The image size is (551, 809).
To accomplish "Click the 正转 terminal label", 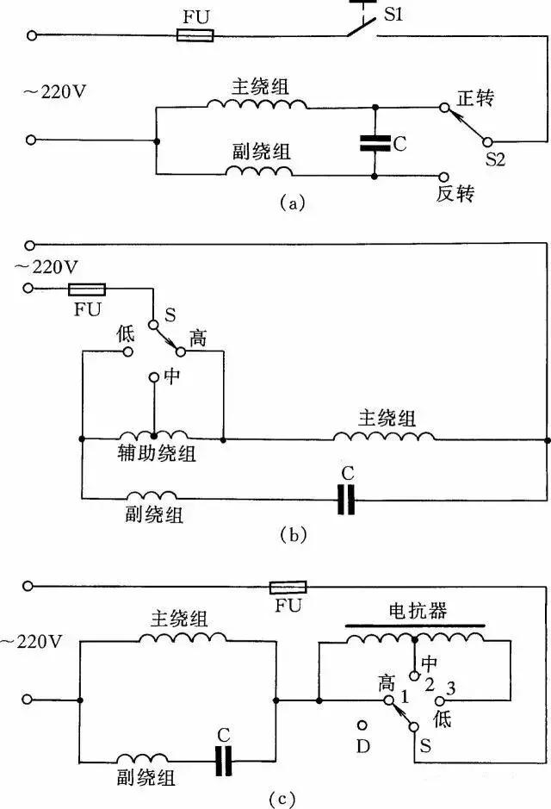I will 474,99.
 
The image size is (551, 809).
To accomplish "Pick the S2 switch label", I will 496,159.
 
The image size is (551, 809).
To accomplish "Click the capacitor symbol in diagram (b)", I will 346,499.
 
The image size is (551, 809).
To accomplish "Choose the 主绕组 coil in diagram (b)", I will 384,438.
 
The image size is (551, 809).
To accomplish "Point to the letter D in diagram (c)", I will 362,744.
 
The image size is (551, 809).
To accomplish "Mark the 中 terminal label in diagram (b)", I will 170,377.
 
